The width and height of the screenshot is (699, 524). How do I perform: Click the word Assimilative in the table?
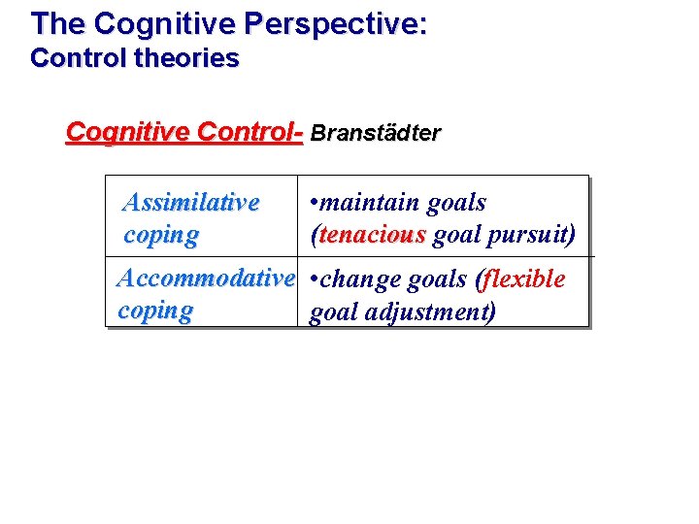click(x=191, y=203)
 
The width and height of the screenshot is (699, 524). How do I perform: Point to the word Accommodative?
click(x=205, y=279)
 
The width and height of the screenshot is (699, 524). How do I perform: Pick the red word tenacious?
click(x=372, y=235)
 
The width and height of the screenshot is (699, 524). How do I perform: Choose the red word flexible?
click(x=524, y=279)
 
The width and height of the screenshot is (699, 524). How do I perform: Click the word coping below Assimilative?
click(x=161, y=235)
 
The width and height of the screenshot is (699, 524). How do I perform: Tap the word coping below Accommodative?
click(x=155, y=311)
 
